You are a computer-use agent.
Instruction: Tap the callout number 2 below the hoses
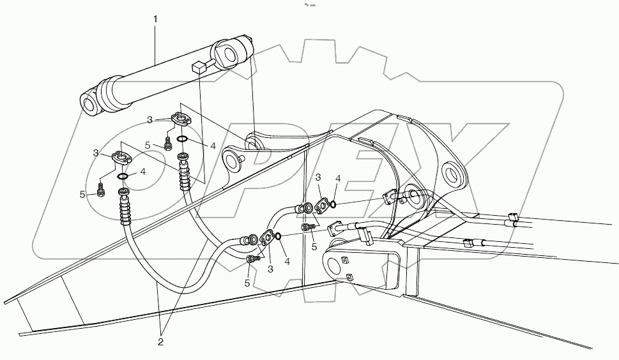pyautogui.click(x=160, y=342)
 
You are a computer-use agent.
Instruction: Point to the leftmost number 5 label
pyautogui.click(x=82, y=194)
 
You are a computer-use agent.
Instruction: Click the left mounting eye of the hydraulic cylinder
pyautogui.click(x=88, y=103)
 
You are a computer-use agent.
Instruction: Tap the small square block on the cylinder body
pyautogui.click(x=199, y=65)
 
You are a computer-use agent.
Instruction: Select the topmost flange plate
pyautogui.click(x=181, y=119)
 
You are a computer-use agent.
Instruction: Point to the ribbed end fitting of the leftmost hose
pyautogui.click(x=124, y=209)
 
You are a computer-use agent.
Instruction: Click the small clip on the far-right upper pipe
pyautogui.click(x=512, y=218)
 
